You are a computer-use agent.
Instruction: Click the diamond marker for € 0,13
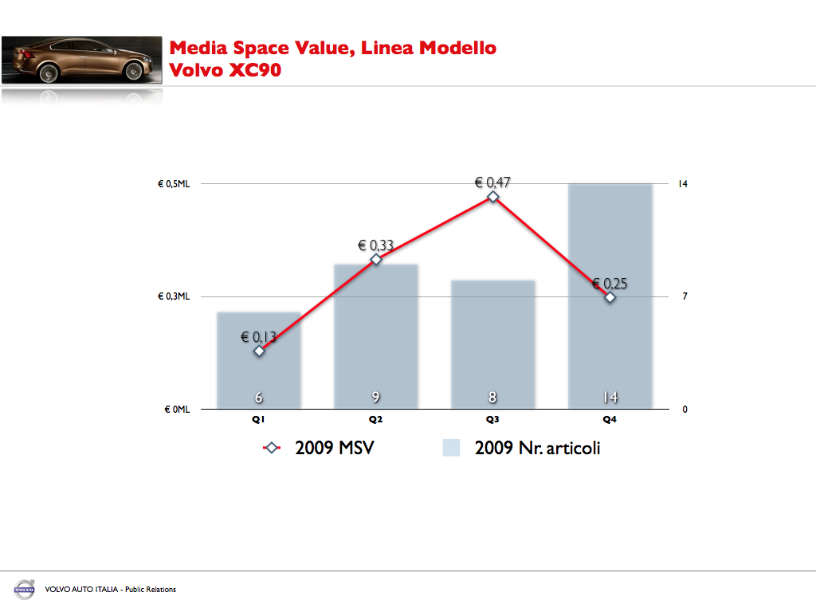pyautogui.click(x=259, y=351)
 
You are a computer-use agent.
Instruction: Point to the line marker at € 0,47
pyautogui.click(x=493, y=197)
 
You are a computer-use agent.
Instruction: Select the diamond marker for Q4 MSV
pyautogui.click(x=610, y=297)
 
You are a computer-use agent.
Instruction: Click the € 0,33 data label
pyautogui.click(x=375, y=245)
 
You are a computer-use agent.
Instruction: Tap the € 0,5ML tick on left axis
pyautogui.click(x=173, y=184)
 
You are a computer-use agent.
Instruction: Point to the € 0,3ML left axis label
pyautogui.click(x=173, y=296)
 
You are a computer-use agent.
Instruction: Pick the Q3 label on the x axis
pyautogui.click(x=492, y=419)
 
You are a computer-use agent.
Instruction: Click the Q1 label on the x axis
pyautogui.click(x=259, y=419)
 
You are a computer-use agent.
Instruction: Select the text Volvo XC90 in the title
pyautogui.click(x=226, y=69)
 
